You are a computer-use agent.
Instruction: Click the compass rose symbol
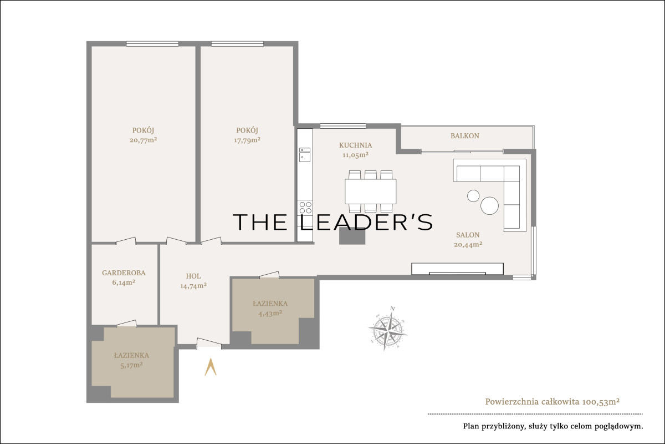[x=388, y=329]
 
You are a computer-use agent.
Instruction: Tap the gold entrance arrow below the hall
[x=211, y=367]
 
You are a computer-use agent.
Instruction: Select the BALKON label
[x=464, y=136]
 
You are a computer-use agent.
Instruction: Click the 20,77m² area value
[x=143, y=140]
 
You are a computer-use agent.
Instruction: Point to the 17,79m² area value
[x=247, y=140]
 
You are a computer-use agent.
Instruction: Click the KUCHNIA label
[x=355, y=145]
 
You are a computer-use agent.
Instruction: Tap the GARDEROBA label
[x=124, y=273]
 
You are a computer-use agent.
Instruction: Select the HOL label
[x=193, y=276]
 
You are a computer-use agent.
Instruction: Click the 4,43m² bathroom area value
[x=270, y=313]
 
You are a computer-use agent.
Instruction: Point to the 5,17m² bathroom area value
[x=131, y=365]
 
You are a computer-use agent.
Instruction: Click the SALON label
[x=468, y=235]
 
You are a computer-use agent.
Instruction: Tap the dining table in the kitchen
[x=371, y=191]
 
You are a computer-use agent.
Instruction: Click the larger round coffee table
[x=489, y=205]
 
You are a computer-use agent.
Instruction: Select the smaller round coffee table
[x=473, y=196]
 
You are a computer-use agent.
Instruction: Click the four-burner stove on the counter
[x=305, y=207]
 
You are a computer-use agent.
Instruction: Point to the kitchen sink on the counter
[x=305, y=155]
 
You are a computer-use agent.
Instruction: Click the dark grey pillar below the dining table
[x=352, y=236]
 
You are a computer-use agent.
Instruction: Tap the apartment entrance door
[x=209, y=343]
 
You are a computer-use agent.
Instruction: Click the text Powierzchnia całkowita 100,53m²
[x=552, y=402]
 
